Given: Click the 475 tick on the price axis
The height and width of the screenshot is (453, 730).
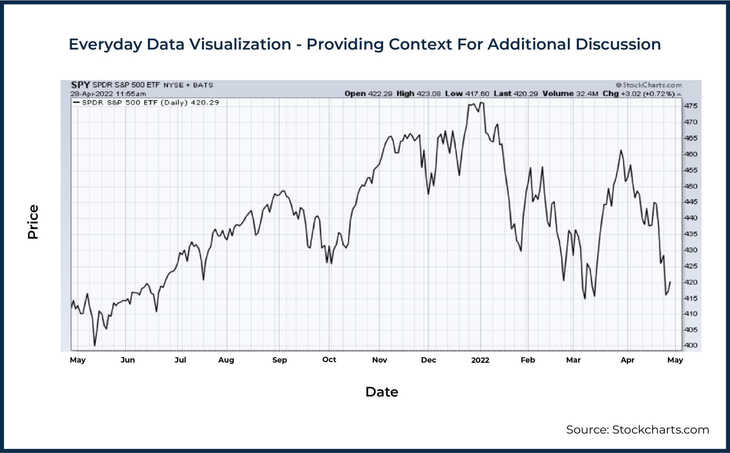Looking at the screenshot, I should click(x=690, y=106).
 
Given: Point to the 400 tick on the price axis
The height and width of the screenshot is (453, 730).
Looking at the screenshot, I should click(x=690, y=345).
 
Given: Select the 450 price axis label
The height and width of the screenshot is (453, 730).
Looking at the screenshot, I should click(x=690, y=186).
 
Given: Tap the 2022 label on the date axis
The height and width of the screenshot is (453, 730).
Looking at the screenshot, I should click(x=480, y=360).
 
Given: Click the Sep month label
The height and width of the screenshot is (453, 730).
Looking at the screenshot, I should click(x=279, y=360).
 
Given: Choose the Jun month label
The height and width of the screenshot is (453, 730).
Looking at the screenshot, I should click(x=128, y=360).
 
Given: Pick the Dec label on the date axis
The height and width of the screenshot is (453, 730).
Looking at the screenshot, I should click(x=428, y=360).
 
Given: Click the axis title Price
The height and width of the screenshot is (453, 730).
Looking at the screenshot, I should click(x=33, y=222).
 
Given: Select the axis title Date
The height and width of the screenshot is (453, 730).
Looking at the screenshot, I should click(x=381, y=392).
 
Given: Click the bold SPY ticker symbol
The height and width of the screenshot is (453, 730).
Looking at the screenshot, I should click(x=80, y=85).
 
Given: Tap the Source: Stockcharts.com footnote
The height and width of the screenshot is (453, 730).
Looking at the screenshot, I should click(x=637, y=429).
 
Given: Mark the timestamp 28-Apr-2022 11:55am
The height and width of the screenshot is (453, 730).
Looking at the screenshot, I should click(x=108, y=94).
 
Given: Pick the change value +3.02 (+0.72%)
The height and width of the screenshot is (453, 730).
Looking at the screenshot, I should click(x=648, y=94).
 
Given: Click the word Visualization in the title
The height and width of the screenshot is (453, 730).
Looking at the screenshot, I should click(x=240, y=44).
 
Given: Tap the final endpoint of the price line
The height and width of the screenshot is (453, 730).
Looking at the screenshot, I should click(x=670, y=282).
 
